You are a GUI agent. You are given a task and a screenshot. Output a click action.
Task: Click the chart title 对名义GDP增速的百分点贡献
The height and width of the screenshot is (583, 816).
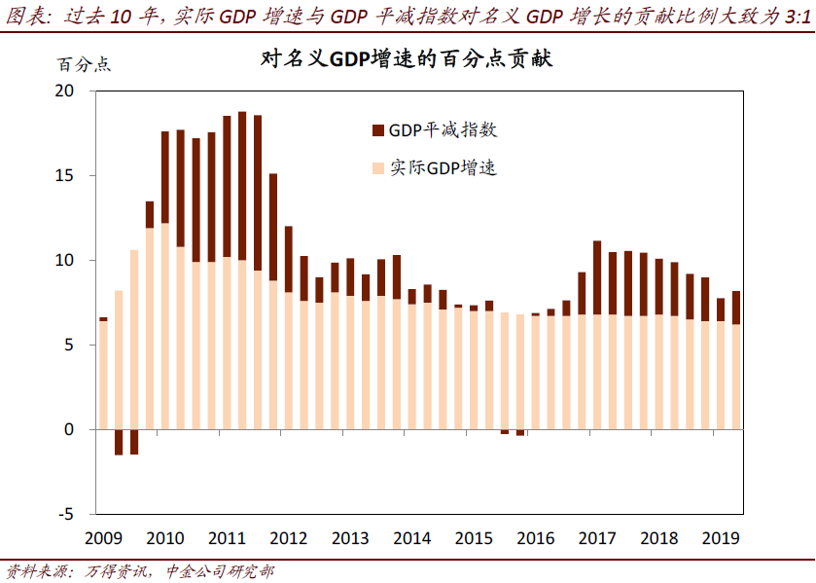(407, 59)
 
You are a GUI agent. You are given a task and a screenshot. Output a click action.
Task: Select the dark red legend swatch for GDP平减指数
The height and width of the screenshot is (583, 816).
(377, 130)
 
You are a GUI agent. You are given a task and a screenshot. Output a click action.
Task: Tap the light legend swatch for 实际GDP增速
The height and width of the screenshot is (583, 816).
(377, 168)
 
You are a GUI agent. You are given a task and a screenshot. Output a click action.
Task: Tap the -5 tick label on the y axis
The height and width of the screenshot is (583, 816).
(66, 514)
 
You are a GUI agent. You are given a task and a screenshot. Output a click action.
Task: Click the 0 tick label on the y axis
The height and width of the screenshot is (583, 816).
(69, 429)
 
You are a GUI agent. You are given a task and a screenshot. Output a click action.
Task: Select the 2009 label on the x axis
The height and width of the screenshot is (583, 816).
(103, 537)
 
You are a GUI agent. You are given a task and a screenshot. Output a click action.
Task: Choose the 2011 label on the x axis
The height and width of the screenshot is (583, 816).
(227, 537)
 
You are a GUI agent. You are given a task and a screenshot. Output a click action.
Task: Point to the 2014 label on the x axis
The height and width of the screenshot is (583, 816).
(411, 537)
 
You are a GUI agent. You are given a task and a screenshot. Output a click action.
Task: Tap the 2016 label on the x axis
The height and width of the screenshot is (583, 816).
(535, 537)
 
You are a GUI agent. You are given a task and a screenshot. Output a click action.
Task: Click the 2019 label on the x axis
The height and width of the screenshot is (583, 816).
(720, 537)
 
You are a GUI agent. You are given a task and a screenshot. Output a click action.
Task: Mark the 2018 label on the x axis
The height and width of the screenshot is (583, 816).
(658, 537)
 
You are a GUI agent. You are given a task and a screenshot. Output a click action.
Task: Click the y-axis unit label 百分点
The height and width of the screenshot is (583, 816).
(85, 65)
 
